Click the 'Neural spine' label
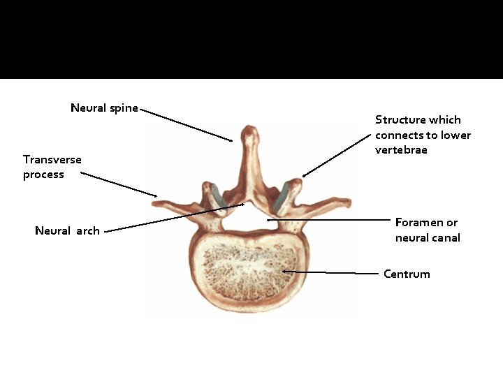tap(104, 108)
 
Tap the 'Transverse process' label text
tap(52, 167)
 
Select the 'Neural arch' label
tap(67, 230)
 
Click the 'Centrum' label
tap(407, 274)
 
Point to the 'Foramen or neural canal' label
tap(427, 230)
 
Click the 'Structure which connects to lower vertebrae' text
tap(423, 135)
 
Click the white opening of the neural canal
tap(247, 220)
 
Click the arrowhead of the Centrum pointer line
tap(284, 271)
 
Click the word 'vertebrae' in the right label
tap(400, 150)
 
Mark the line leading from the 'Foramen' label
tap(328, 220)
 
